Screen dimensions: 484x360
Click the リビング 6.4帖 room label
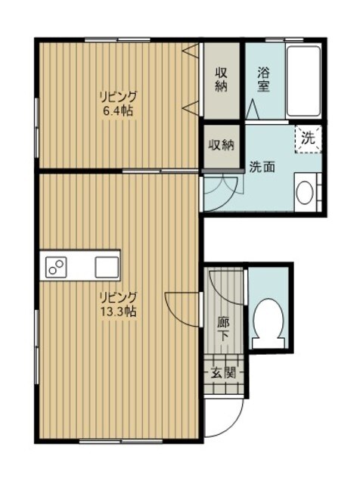(119, 104)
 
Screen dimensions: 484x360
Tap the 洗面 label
(262, 167)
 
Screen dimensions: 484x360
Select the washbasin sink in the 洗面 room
(306, 192)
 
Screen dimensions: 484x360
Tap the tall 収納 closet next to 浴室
(221, 80)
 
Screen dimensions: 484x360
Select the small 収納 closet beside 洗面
(221, 144)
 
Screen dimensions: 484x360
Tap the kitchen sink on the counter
(106, 266)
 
